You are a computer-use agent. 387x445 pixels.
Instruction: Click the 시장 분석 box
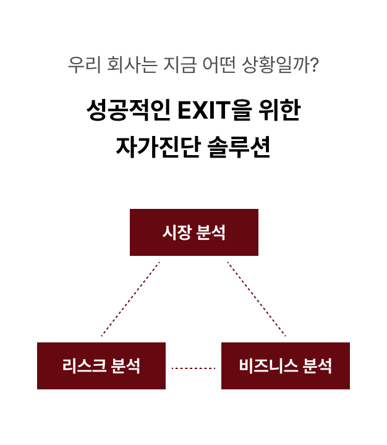point(194,232)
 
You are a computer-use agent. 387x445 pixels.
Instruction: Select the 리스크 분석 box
point(101,366)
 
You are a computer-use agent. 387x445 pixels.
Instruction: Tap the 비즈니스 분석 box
point(286,366)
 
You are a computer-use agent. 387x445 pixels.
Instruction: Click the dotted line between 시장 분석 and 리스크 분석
point(130,299)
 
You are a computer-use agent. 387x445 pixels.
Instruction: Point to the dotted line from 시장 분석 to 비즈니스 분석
point(257,299)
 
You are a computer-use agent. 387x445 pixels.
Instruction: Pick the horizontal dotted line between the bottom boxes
point(193,368)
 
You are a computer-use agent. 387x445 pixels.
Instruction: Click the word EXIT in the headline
point(204,110)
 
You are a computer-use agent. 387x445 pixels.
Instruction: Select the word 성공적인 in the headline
point(129,110)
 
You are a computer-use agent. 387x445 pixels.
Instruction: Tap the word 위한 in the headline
point(279,110)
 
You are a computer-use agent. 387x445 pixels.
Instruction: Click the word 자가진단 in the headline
point(158,147)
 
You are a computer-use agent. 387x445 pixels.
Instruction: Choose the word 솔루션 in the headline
point(239,147)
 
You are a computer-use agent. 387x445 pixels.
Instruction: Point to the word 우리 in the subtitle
point(84,65)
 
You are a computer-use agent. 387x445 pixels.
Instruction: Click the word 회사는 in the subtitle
point(132,65)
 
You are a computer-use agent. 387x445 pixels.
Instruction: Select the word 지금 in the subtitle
point(180,65)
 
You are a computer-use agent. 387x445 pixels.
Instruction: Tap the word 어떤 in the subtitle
point(219,65)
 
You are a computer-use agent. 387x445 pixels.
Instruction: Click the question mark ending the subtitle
point(315,65)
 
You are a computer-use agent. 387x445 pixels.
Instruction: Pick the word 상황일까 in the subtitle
point(276,65)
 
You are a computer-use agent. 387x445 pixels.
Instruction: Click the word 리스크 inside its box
point(84,365)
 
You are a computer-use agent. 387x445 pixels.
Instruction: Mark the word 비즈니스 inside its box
point(268,365)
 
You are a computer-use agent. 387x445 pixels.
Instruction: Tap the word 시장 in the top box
point(177,232)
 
